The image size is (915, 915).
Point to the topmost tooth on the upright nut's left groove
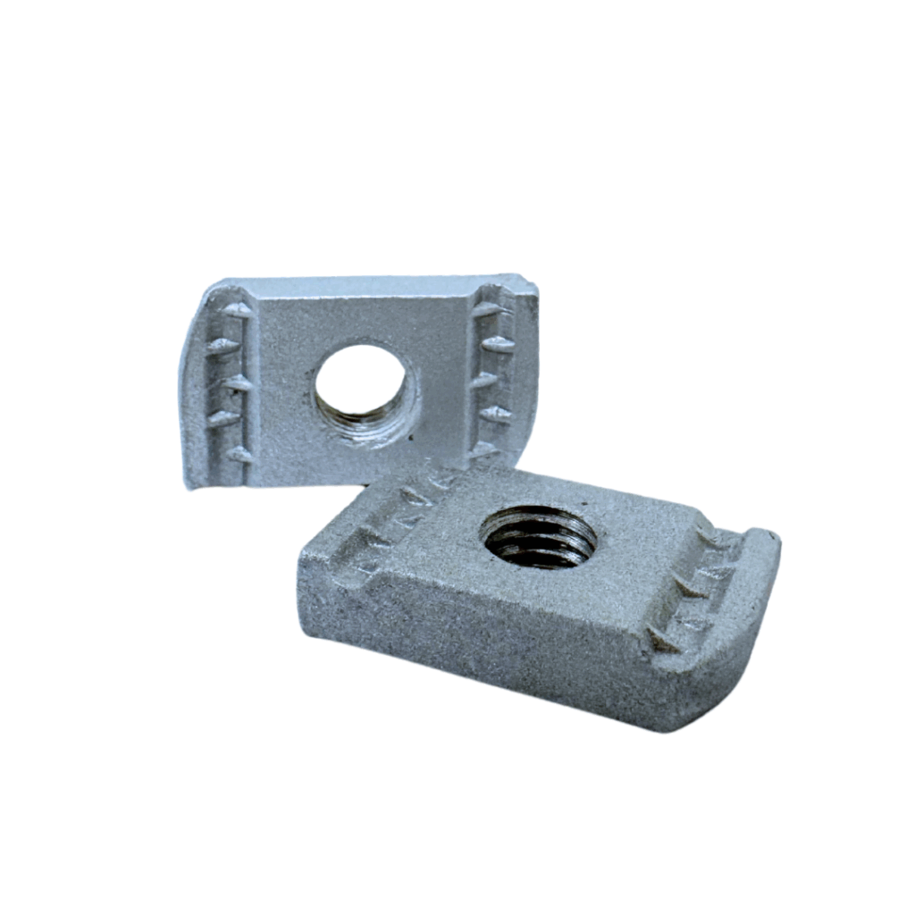point(237,310)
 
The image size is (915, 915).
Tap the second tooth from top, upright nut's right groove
point(497,344)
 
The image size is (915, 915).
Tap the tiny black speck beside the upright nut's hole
point(409,438)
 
